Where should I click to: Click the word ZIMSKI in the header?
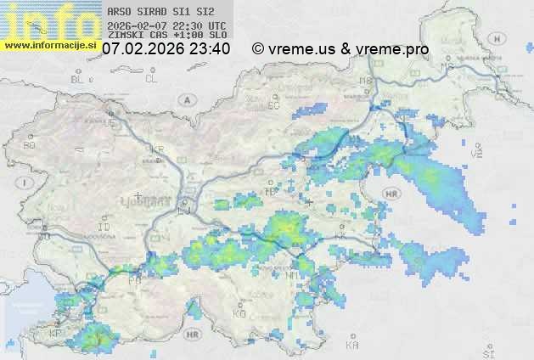(x=126, y=36)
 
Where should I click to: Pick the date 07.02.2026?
(x=141, y=49)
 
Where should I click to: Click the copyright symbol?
(x=258, y=49)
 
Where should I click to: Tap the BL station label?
(x=79, y=79)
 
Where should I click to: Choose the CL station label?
(x=152, y=79)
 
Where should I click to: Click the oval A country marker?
(x=186, y=98)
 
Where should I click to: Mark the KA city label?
(x=352, y=346)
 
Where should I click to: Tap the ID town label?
(x=104, y=228)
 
